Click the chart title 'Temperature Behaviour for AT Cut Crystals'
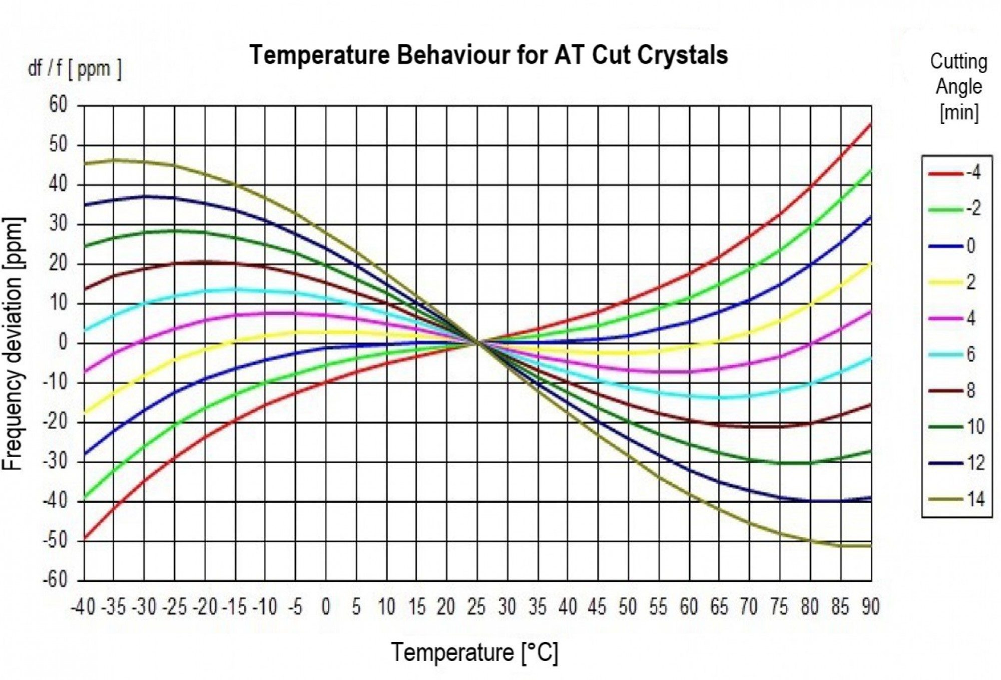[488, 55]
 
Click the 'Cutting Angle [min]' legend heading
[958, 87]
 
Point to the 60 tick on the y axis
[58, 105]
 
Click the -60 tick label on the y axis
[55, 580]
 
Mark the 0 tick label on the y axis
[63, 343]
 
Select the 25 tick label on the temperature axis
[476, 607]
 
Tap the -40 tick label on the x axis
[83, 607]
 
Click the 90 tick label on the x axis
[870, 607]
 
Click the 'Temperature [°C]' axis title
[474, 652]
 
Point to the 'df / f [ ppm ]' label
[75, 69]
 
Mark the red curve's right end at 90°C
[870, 124]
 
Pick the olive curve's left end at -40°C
[85, 163]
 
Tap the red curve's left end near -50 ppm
[85, 539]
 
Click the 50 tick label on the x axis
[627, 607]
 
